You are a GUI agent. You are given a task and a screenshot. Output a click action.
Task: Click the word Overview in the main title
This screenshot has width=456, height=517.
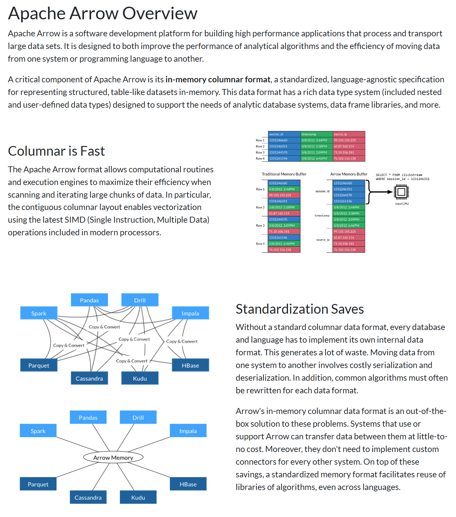pos(160,14)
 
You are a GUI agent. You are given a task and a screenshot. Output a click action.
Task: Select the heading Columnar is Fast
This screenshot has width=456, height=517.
pos(56,151)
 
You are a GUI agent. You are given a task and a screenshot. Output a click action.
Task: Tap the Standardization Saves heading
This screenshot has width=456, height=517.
pos(299,309)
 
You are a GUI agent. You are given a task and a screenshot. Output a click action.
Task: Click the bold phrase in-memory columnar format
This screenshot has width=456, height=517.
pos(218,80)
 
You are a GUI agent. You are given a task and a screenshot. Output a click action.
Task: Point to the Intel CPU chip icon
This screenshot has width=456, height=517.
pos(401,192)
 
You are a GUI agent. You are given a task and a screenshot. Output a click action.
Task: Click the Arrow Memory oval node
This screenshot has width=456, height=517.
pos(113,458)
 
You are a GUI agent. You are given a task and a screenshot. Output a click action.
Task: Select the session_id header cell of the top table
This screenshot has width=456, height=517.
pos(284,134)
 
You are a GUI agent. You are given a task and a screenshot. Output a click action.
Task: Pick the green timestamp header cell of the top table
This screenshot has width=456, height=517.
pos(316,134)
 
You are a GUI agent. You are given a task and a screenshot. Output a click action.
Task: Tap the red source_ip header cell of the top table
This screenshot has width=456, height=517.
pos(349,134)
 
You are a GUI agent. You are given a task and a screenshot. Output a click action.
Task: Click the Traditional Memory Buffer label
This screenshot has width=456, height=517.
pos(284,174)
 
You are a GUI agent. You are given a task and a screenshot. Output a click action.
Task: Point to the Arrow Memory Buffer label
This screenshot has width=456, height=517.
pos(349,174)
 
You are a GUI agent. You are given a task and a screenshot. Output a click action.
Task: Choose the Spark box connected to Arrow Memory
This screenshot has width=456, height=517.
pos(38,431)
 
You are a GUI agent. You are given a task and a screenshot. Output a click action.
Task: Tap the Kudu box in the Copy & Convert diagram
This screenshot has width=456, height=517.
pos(140,379)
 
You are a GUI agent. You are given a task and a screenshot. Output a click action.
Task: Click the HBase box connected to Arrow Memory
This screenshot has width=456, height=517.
pos(188,484)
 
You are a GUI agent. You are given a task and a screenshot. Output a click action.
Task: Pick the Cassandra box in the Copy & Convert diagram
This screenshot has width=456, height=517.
pos(89,379)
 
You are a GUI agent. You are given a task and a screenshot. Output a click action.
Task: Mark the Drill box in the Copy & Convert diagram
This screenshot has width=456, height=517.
pos(140,300)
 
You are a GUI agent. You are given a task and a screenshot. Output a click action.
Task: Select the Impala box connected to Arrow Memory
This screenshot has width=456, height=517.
pos(188,431)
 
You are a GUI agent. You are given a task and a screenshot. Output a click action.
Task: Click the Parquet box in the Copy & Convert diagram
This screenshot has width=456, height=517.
pos(39,366)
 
